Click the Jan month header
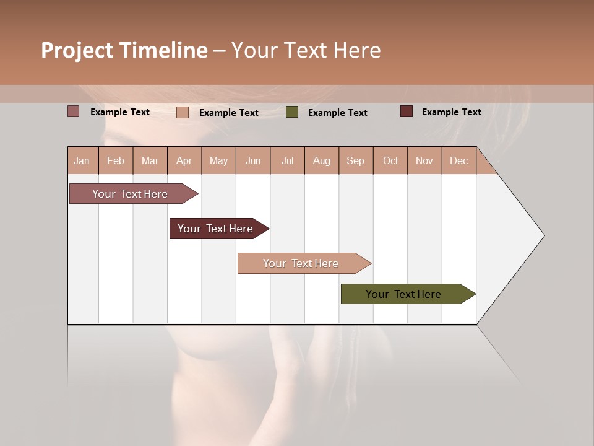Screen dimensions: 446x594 [82, 160]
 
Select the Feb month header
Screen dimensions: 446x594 [116, 160]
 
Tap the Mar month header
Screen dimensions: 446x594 [150, 160]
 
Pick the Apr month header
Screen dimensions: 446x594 [184, 160]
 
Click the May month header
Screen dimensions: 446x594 [218, 160]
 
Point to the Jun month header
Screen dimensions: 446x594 [253, 160]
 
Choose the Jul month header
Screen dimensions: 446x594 [287, 160]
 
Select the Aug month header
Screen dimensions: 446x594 [321, 160]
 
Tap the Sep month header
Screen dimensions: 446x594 [355, 160]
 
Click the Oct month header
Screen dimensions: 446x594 [390, 160]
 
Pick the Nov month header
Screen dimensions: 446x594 [424, 160]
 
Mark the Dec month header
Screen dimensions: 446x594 [458, 160]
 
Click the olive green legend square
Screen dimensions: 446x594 [292, 112]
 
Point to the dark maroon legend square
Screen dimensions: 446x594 [407, 111]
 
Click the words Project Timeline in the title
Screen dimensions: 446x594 [124, 50]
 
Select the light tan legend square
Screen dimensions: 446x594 [183, 112]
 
